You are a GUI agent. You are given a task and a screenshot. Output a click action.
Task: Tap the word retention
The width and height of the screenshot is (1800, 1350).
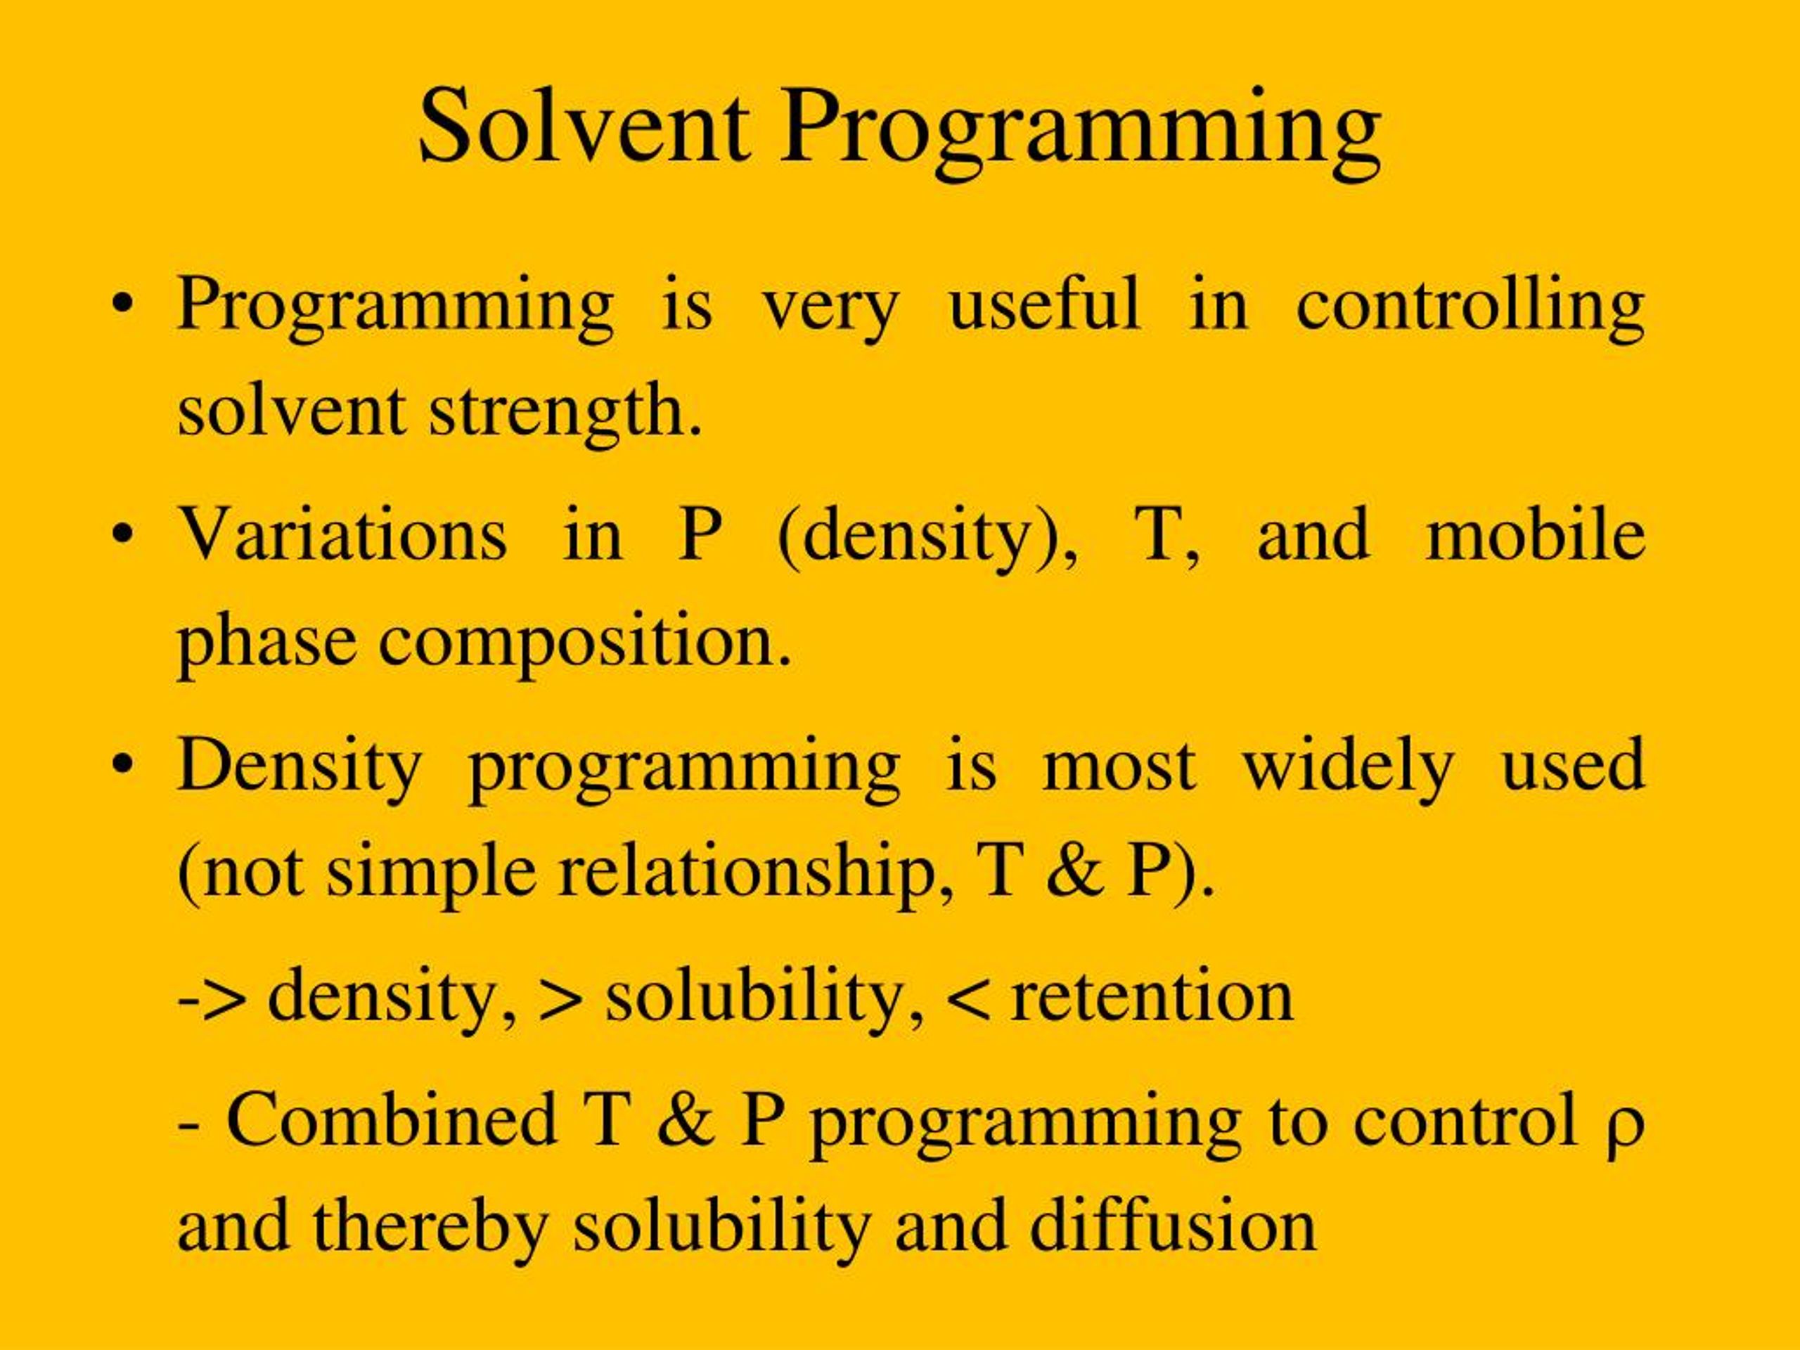1150,996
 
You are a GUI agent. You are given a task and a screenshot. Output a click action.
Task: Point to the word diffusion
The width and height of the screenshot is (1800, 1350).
1173,1226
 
